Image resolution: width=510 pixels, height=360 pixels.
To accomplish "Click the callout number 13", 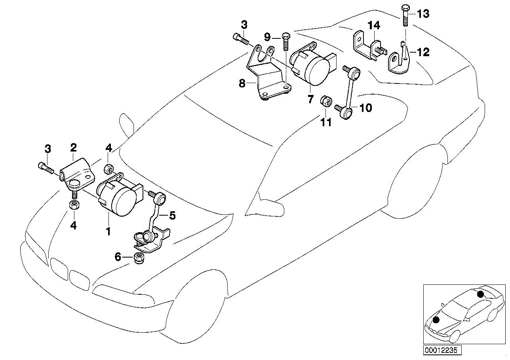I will [x=423, y=14].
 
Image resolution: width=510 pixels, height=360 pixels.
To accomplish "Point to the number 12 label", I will [x=423, y=52].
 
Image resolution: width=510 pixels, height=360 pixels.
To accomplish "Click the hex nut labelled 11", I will [x=325, y=101].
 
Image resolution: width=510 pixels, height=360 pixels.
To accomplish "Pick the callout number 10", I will [x=365, y=108].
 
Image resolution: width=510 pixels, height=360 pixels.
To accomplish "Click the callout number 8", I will [x=242, y=83].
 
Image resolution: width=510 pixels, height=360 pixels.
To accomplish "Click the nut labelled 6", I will [x=141, y=258].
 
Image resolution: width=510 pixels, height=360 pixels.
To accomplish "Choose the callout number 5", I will [x=172, y=216].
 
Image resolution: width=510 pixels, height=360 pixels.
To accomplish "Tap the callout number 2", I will [x=73, y=148].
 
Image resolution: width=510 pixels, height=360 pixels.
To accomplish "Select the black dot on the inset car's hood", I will [x=436, y=319].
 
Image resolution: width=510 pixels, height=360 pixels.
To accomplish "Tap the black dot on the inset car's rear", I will [x=480, y=294].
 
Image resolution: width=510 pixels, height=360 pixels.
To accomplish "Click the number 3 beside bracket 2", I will [x=48, y=149].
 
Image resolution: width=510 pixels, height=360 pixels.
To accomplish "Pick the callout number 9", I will [x=267, y=38].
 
